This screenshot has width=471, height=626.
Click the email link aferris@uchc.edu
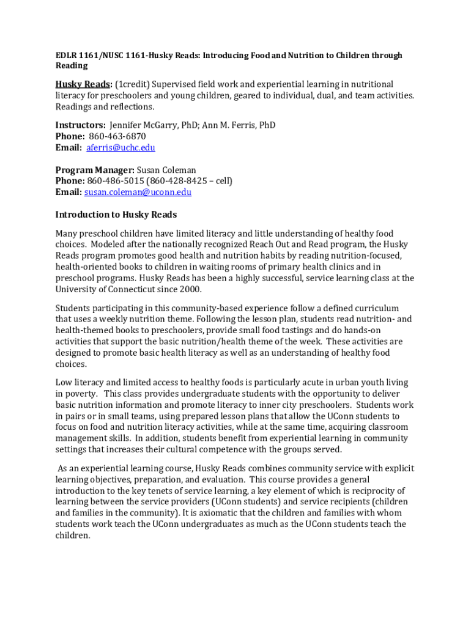pos(121,148)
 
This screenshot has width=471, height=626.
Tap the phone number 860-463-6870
pos(117,136)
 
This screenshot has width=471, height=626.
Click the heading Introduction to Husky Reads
pos(116,215)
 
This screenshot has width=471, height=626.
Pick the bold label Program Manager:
pos(95,170)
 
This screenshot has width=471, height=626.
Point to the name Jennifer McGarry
pos(144,125)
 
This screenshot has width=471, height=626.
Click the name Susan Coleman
pos(166,170)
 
